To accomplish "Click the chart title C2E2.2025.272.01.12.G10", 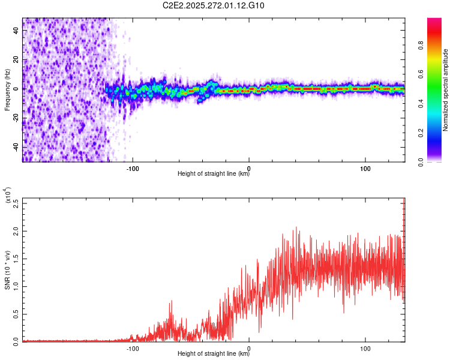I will click(214, 6).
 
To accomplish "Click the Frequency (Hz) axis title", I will click(7, 89).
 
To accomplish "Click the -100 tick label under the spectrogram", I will click(133, 167).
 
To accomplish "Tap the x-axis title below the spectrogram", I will click(214, 174).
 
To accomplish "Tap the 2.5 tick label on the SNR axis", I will click(17, 203).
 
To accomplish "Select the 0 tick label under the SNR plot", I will click(249, 347).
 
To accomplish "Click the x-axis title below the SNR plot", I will click(214, 354).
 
